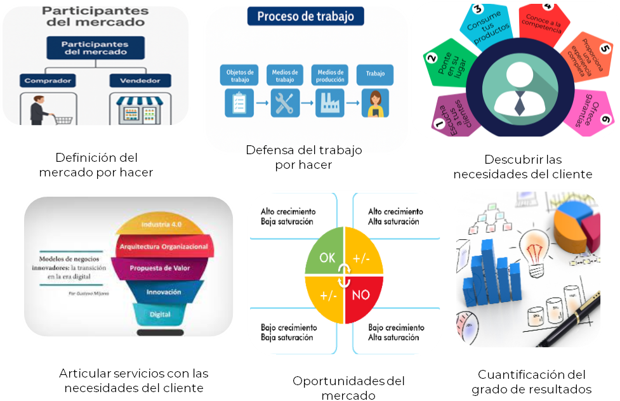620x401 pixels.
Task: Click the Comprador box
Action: [48, 81]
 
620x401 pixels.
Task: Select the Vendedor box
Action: [140, 81]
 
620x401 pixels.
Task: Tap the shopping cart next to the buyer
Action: [62, 118]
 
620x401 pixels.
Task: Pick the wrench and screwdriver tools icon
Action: [285, 103]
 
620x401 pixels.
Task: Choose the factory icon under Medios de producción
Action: [330, 103]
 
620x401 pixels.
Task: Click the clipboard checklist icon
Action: [240, 103]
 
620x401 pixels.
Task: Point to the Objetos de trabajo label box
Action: [240, 76]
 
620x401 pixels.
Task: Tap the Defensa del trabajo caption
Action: [303, 150]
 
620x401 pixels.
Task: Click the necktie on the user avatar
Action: [520, 102]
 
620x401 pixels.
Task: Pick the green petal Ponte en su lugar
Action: [447, 63]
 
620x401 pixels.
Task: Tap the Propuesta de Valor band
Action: [159, 267]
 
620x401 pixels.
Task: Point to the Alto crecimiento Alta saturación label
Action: [395, 216]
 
